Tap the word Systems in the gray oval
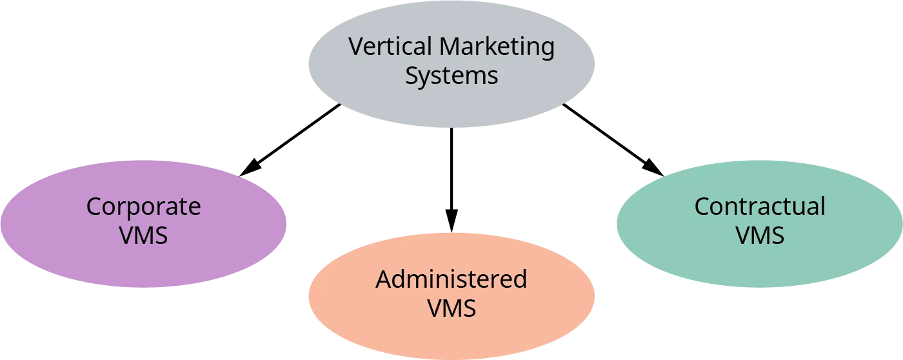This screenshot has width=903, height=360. point(451,76)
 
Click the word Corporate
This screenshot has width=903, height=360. point(143,207)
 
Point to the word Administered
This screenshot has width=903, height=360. point(451,279)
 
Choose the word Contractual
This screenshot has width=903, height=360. point(759,206)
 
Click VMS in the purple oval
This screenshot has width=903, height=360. point(143,235)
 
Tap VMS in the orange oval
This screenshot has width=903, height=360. point(451,308)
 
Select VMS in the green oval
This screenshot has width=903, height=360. point(760,235)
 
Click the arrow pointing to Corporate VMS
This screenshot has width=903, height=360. point(290,139)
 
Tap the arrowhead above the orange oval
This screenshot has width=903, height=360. point(451,218)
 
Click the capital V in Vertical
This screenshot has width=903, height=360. point(355,47)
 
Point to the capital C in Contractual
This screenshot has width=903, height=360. point(702,206)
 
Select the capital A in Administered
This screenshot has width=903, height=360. point(384,279)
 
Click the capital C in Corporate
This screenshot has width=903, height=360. point(94,207)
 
